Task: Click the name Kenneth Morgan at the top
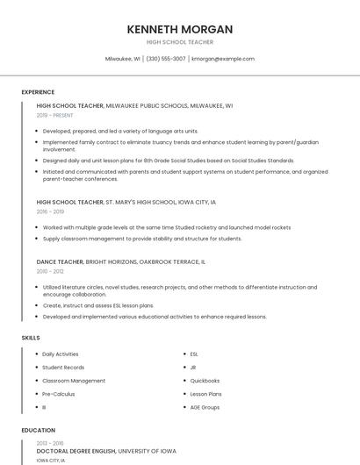pyautogui.click(x=179, y=29)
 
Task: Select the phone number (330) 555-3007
pyautogui.click(x=166, y=59)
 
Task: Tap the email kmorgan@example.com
pyautogui.click(x=223, y=59)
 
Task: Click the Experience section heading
pyautogui.click(x=38, y=92)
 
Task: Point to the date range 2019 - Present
pyautogui.click(x=55, y=115)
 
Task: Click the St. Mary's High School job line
pyautogui.click(x=126, y=202)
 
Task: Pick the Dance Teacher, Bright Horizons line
pyautogui.click(x=121, y=261)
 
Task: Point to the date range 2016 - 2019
pyautogui.click(x=50, y=211)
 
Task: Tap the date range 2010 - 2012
pyautogui.click(x=50, y=271)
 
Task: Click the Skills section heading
pyautogui.click(x=31, y=338)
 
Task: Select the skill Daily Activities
pyautogui.click(x=61, y=354)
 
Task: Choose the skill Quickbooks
pyautogui.click(x=205, y=381)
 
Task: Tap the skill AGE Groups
pyautogui.click(x=205, y=407)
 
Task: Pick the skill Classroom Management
pyautogui.click(x=74, y=381)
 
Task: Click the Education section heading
pyautogui.click(x=38, y=431)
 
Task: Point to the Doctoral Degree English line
pyautogui.click(x=105, y=451)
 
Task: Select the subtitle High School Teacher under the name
pyautogui.click(x=179, y=42)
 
